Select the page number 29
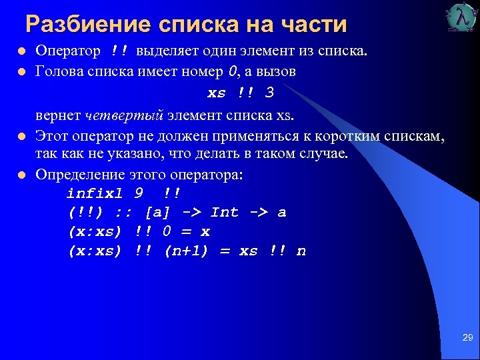(467, 339)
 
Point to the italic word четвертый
(125, 116)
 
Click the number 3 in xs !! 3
(269, 93)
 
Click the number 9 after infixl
(138, 194)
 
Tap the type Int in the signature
(225, 213)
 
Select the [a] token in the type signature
(158, 213)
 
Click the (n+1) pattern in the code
(188, 251)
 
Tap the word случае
(324, 154)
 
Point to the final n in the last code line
(301, 251)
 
